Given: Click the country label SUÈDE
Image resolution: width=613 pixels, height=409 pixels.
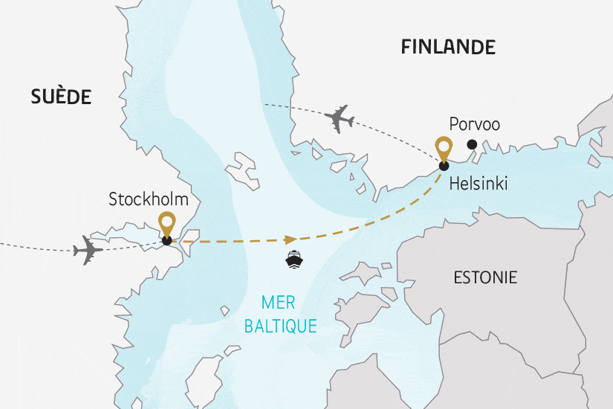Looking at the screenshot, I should [x=61, y=96].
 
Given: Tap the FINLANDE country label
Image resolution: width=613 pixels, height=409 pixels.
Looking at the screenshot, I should [x=447, y=47].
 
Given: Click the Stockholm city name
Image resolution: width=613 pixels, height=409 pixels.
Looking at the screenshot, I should [x=149, y=199].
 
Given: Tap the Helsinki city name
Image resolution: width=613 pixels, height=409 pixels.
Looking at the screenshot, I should [x=478, y=184].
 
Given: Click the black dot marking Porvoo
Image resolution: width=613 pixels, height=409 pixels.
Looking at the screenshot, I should [x=471, y=145].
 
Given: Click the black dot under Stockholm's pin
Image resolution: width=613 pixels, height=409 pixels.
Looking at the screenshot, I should [x=167, y=240].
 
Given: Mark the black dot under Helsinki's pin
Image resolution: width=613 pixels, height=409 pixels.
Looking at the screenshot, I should [x=444, y=166].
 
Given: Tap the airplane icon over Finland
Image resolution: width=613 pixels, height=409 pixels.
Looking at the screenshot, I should [x=339, y=119].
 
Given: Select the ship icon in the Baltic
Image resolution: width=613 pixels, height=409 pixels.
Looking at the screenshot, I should [x=293, y=259].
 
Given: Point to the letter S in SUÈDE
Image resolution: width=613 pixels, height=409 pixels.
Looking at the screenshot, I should [x=36, y=96].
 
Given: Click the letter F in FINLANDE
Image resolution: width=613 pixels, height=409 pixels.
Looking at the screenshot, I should [x=406, y=47].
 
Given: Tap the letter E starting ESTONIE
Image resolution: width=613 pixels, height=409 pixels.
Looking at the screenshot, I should [x=457, y=278].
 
